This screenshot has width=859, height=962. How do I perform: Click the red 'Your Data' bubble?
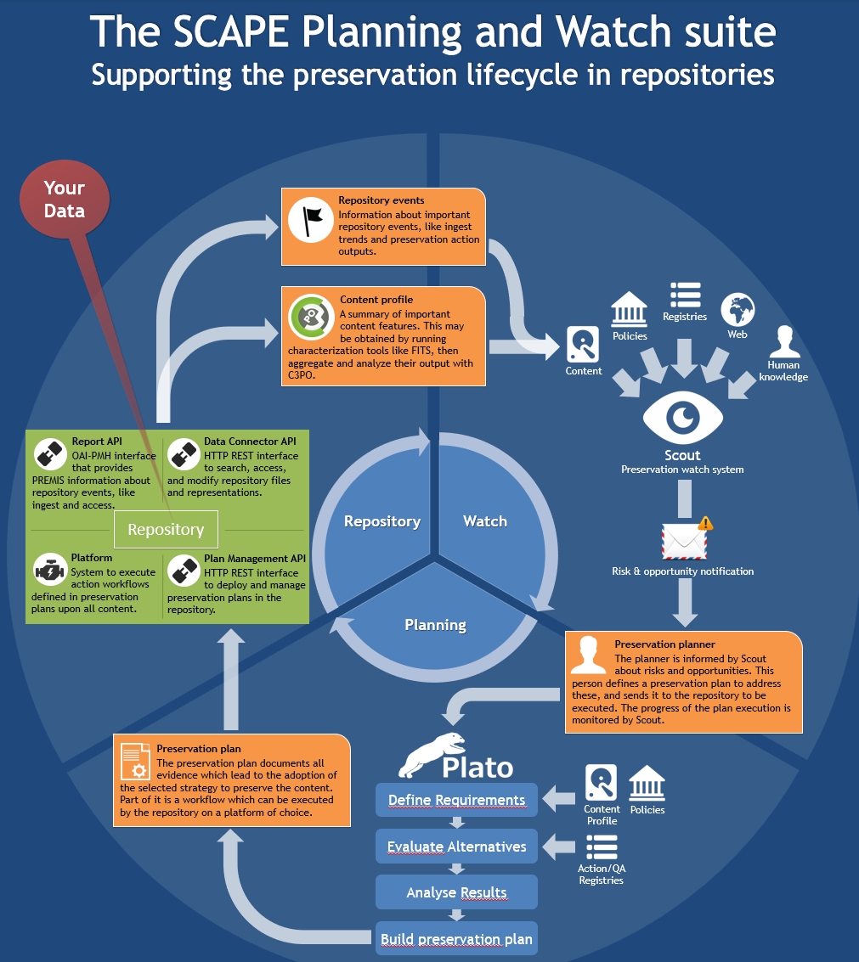[65, 200]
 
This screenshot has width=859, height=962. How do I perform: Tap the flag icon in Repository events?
[311, 219]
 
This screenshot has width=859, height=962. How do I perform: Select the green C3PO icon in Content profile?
[311, 317]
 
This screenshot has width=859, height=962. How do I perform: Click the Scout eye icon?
[683, 417]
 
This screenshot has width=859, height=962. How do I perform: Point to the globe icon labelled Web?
[737, 310]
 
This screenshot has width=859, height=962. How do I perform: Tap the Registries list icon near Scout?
[685, 295]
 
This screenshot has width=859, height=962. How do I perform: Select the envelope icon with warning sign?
[686, 539]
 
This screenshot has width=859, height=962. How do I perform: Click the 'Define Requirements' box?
[456, 800]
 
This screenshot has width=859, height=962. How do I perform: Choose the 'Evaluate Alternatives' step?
[456, 846]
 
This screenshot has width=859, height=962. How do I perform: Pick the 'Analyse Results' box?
[456, 892]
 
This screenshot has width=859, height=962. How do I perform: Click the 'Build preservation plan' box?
[456, 939]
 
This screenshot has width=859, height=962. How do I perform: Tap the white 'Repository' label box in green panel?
[166, 529]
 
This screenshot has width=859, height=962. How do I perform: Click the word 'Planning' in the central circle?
[435, 625]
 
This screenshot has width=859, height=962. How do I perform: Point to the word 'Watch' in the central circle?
[485, 520]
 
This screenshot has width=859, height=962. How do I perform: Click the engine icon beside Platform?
[50, 571]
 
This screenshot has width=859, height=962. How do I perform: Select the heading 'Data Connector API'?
[250, 442]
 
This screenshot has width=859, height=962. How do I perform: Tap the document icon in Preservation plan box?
[135, 761]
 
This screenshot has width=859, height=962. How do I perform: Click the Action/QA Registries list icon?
[602, 847]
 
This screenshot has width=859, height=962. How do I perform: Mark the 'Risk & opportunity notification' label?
[683, 571]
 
